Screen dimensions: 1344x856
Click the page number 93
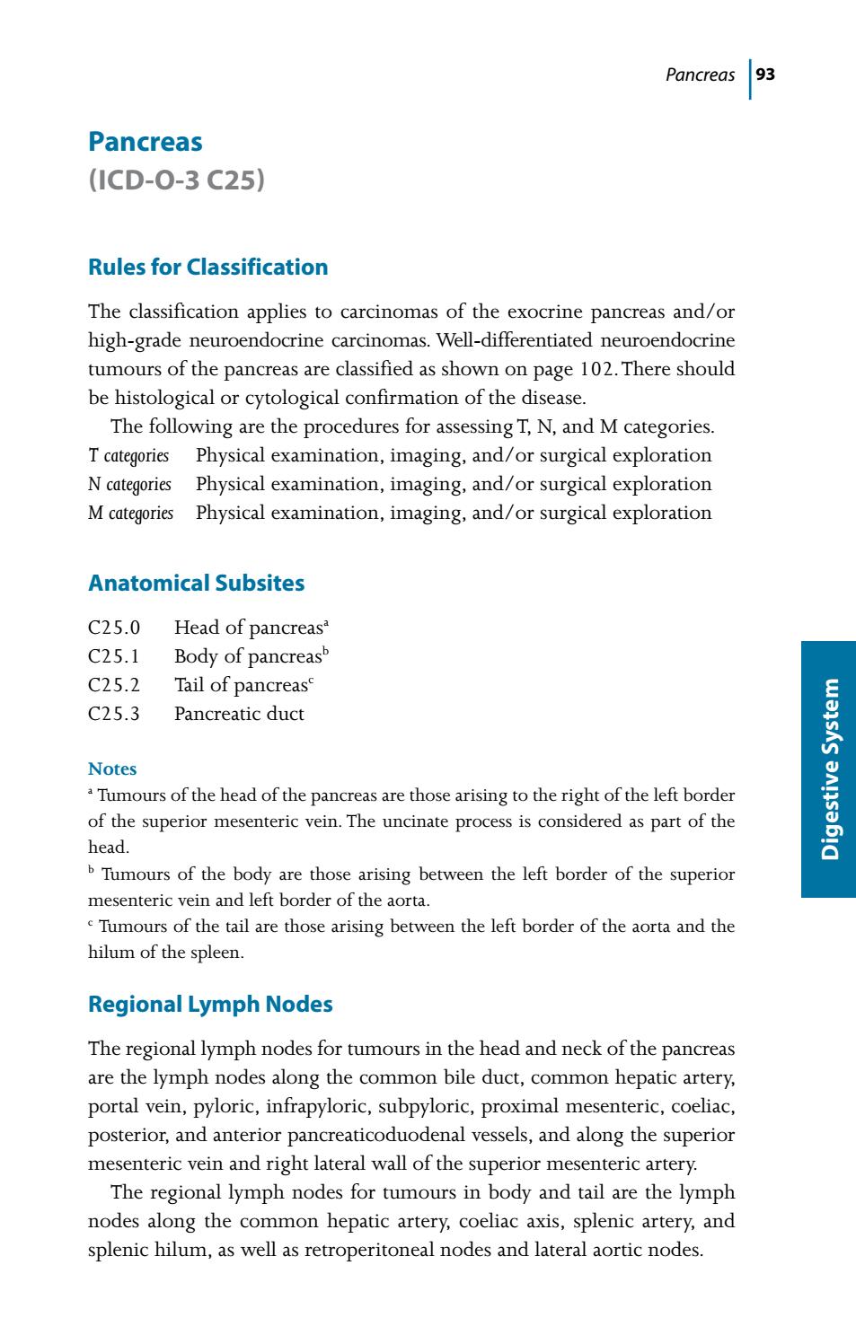(765, 75)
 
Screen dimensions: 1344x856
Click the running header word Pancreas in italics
(700, 75)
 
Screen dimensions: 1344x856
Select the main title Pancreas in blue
(146, 142)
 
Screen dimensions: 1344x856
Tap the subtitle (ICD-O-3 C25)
(176, 180)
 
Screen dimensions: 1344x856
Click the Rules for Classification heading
(207, 268)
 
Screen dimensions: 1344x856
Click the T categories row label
(128, 455)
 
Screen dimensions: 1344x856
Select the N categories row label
(129, 484)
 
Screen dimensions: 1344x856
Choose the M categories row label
(130, 513)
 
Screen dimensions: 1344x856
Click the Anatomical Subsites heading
(196, 584)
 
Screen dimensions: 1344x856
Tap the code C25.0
(114, 628)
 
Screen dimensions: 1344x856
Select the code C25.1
(114, 656)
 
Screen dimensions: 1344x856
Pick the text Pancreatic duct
(239, 714)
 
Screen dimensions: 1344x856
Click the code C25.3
(114, 714)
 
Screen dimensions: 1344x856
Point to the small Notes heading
(112, 769)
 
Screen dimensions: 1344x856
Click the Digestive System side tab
(830, 769)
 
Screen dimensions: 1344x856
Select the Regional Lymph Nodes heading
(210, 1005)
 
